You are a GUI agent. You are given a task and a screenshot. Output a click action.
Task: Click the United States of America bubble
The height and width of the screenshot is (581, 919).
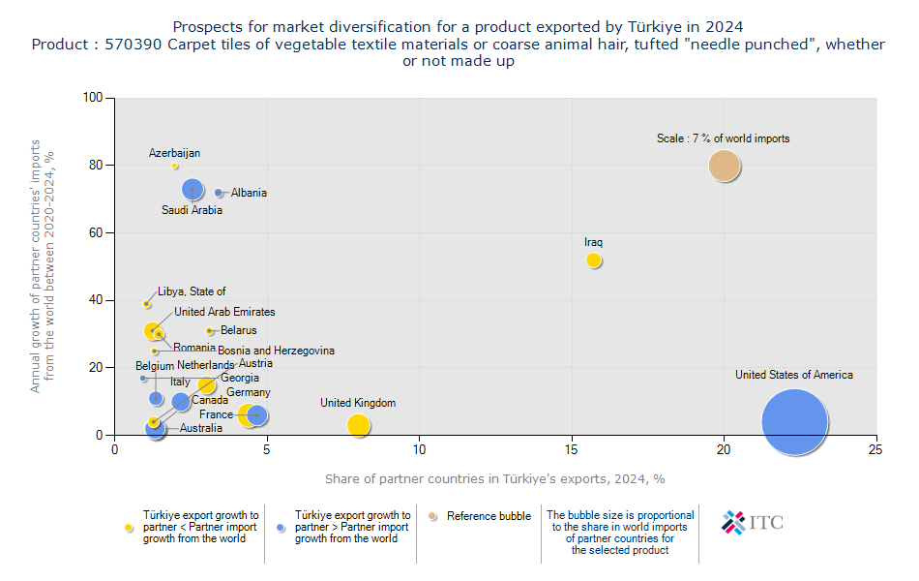795,422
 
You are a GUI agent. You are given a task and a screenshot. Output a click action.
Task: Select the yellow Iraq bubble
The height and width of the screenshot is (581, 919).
594,260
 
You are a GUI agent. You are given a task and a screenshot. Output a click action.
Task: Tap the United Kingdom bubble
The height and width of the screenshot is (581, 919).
358,425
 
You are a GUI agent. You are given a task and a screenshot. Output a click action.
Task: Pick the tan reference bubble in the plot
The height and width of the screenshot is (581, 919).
724,166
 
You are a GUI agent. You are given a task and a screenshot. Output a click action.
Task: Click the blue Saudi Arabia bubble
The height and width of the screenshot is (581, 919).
193,189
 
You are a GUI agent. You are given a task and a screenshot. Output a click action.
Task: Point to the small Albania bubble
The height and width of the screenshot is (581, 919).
219,193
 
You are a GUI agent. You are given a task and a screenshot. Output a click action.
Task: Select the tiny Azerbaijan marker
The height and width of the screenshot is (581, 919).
175,167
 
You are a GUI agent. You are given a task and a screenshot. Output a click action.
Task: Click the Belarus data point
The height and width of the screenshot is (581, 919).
209,331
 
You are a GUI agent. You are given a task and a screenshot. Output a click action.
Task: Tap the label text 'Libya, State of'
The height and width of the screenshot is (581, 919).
192,291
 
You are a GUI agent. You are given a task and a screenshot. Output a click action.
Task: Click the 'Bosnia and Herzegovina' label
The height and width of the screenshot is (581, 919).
276,351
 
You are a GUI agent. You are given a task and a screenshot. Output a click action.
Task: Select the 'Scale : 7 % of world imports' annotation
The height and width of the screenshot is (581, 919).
723,138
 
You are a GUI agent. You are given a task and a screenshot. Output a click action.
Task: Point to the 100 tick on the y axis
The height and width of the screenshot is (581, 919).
94,98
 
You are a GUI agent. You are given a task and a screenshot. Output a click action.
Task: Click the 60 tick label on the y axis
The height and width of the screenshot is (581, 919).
97,233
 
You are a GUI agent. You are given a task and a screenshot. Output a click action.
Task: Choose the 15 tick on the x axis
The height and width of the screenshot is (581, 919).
572,449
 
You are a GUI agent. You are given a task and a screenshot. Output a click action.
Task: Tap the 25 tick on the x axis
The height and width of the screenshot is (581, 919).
875,449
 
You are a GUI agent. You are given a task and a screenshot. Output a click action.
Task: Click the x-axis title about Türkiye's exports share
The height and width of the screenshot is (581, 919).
494,478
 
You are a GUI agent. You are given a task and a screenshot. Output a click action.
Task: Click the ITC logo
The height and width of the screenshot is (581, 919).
753,523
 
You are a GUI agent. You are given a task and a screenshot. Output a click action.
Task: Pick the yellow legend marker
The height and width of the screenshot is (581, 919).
129,527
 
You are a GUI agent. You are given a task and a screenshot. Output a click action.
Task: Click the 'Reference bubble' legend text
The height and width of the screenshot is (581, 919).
489,516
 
